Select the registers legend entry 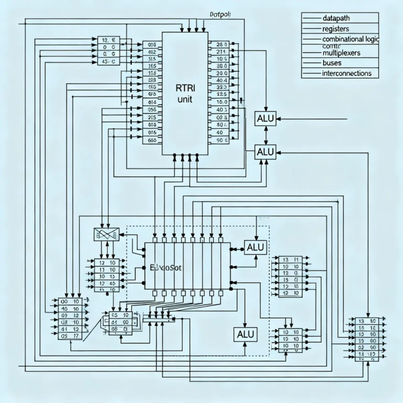pyautogui.click(x=336, y=28)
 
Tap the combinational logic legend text pyautogui.click(x=351, y=39)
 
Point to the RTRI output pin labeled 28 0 pyautogui.click(x=218, y=45)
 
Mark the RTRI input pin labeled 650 pyautogui.click(x=152, y=140)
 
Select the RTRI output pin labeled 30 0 pyautogui.click(x=218, y=67)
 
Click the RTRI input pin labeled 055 pyautogui.click(x=152, y=110)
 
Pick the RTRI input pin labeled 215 pyautogui.click(x=152, y=118)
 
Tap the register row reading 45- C pyautogui.click(x=109, y=61)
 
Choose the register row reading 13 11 pyautogui.click(x=287, y=259)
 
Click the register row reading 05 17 pyautogui.click(x=69, y=336)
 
